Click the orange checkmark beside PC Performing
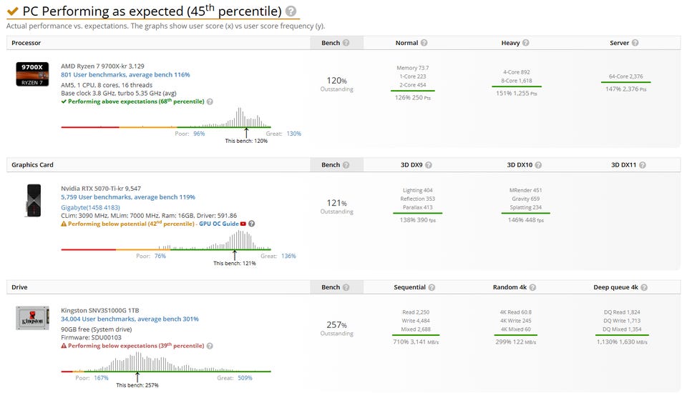point(13,11)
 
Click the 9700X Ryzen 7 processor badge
point(32,74)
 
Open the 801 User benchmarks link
point(125,75)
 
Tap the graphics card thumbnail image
point(34,200)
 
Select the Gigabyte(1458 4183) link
point(90,207)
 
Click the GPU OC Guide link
point(219,224)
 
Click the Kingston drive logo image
point(32,318)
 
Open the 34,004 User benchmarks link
point(130,319)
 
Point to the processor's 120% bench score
point(336,81)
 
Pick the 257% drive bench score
point(336,325)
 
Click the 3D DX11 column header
point(623,165)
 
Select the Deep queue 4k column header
point(615,287)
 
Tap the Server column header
point(619,43)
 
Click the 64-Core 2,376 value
point(625,76)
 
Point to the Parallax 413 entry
point(417,207)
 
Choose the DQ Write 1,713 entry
point(622,321)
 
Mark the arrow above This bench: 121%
point(235,255)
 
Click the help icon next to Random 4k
point(532,287)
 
